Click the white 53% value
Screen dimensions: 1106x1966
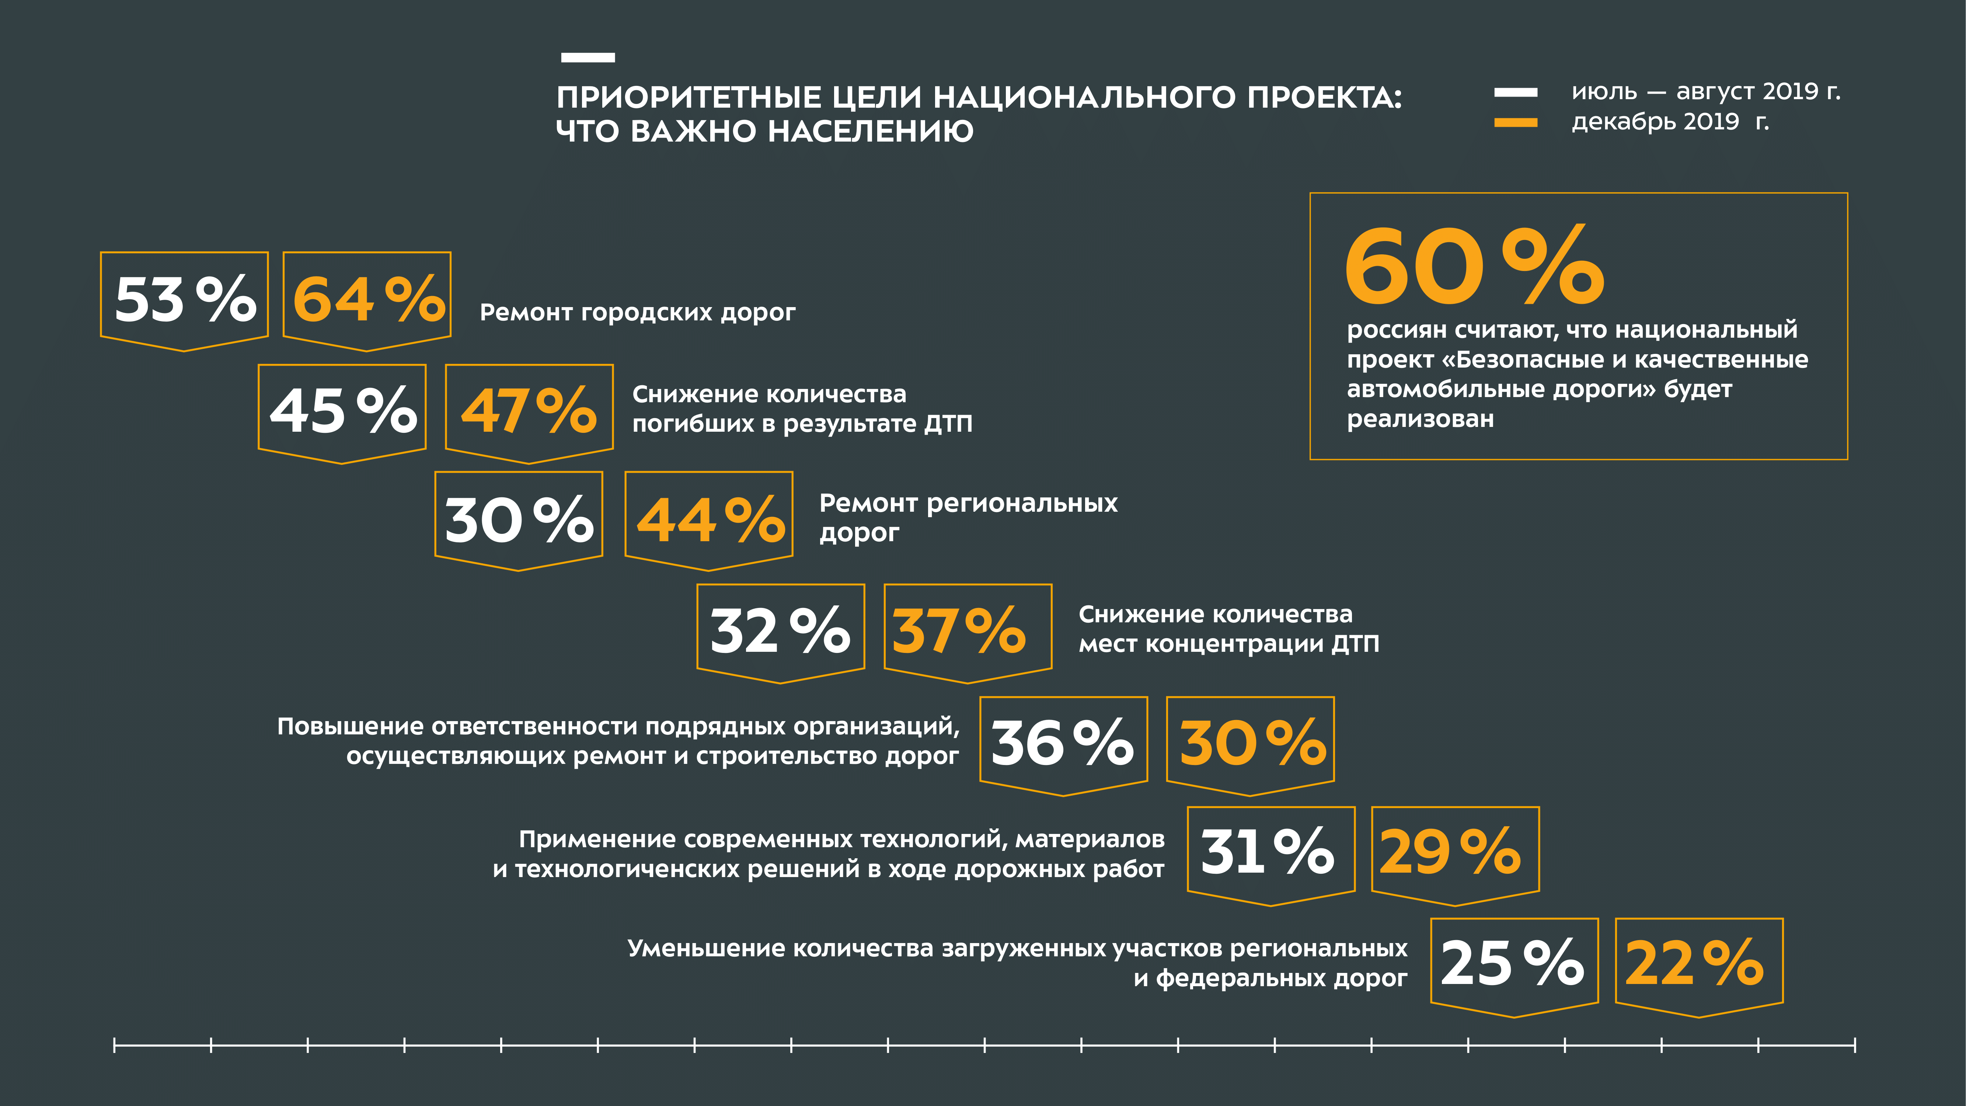tap(185, 299)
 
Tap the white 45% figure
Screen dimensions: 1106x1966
tap(343, 411)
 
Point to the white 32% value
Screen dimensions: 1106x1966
tap(779, 631)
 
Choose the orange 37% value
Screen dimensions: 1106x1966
tap(959, 631)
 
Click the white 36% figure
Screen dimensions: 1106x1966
tap(1062, 742)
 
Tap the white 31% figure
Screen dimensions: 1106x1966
tap(1267, 852)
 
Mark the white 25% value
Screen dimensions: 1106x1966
tap(1512, 963)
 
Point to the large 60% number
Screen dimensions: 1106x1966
tap(1474, 267)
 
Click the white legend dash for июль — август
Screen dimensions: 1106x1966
tap(1515, 93)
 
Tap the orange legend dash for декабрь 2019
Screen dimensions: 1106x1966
tap(1515, 122)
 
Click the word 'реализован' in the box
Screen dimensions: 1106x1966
tap(1419, 419)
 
